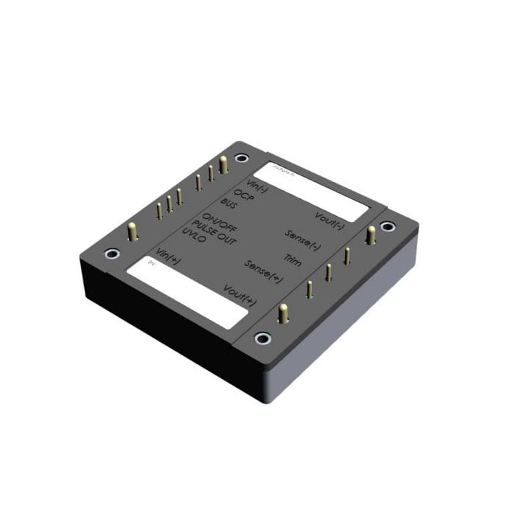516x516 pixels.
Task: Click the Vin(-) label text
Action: coord(256,185)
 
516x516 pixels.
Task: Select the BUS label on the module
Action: coord(229,206)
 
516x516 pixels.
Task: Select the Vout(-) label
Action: coord(329,220)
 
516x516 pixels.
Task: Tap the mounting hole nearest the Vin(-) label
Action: coord(240,158)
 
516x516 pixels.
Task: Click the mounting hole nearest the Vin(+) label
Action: coord(111,254)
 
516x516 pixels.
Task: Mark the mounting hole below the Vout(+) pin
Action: coord(262,338)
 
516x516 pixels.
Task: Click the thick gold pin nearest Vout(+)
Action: coord(281,313)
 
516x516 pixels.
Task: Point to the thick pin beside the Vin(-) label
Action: coord(223,164)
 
